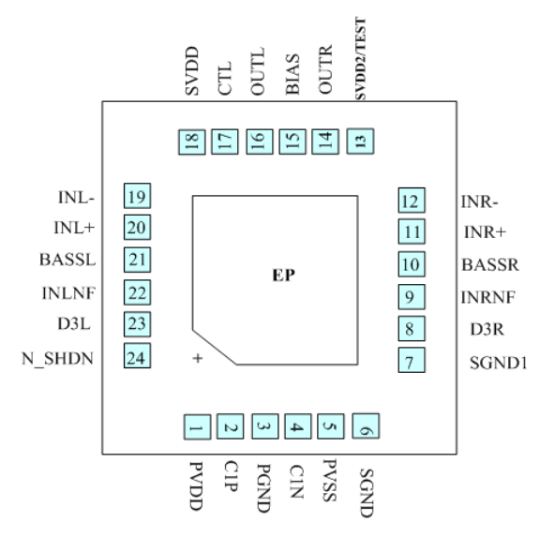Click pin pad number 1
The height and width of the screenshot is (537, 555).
pos(196,428)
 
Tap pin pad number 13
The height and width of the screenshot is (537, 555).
pos(359,142)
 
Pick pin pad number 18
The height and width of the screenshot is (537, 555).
pos(192,142)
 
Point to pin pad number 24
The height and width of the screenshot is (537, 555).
pos(138,357)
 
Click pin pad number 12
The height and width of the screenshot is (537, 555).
pos(410,201)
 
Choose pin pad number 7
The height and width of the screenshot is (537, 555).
pos(410,359)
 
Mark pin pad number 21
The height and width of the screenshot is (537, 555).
pos(138,260)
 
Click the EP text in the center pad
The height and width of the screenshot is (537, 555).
pos(284,276)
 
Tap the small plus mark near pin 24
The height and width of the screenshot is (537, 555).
pos(197,358)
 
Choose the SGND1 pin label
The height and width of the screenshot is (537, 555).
pos(499,361)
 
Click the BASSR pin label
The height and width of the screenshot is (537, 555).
pos(490,264)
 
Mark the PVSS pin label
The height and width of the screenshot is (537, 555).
pos(327,480)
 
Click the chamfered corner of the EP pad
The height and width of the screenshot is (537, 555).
pos(214,345)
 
